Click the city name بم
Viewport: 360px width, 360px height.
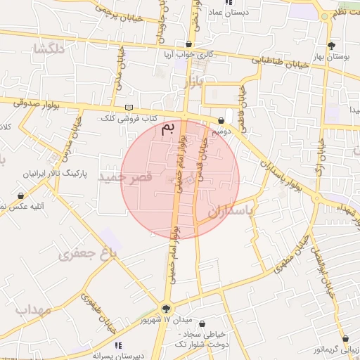[x=167, y=129]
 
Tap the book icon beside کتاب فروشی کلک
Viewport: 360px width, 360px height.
[x=127, y=107]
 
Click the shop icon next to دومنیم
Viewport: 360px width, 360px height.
[x=221, y=120]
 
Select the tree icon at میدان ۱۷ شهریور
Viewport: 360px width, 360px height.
[x=166, y=308]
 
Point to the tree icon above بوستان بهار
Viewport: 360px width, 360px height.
[x=342, y=44]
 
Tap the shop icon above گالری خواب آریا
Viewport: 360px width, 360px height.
[x=188, y=44]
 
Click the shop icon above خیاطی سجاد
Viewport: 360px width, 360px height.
[x=203, y=324]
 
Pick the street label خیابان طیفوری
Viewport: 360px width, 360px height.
[x=98, y=310]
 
